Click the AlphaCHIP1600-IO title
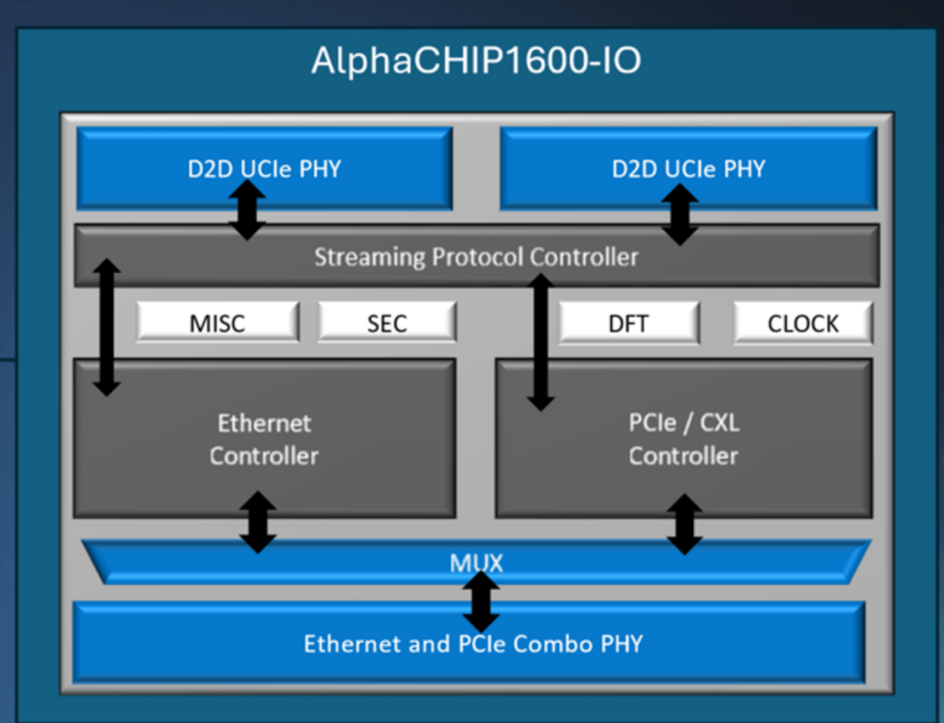tap(476, 61)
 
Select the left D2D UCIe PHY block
tap(264, 168)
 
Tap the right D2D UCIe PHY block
tap(688, 168)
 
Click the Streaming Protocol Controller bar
tap(476, 257)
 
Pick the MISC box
tap(219, 323)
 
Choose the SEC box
tap(386, 323)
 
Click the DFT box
tap(628, 323)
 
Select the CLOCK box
tap(802, 323)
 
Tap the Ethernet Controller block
tap(264, 438)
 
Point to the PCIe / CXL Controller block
tap(684, 438)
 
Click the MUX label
tap(476, 562)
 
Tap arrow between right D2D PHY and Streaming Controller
tap(680, 214)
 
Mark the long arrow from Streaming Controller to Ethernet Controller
tap(108, 327)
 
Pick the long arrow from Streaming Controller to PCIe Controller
tap(541, 342)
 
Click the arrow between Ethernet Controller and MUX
tap(258, 522)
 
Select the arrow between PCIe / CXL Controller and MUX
tap(684, 524)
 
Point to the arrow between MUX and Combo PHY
tap(481, 601)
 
